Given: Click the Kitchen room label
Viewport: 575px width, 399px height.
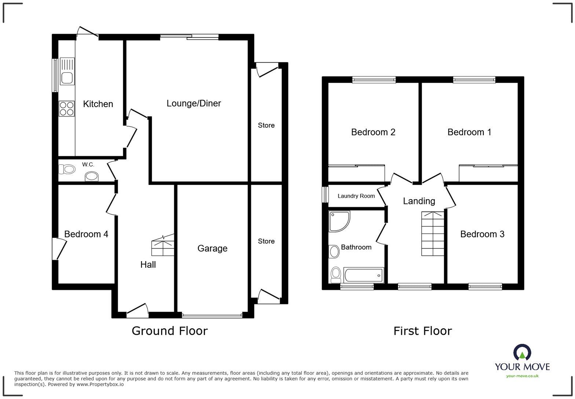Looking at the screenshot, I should pos(98,104).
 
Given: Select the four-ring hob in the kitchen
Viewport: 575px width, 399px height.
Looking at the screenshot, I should pos(66,109).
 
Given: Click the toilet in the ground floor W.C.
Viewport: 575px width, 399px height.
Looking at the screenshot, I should pos(67,169).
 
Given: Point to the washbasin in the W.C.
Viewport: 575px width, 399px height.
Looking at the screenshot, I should pos(92,177).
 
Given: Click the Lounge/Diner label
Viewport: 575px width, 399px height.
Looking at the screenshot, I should pos(194,103).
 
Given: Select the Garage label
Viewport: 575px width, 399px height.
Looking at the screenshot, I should pos(212,249).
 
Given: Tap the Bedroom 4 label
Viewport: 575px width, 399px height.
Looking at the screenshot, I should pos(86,234).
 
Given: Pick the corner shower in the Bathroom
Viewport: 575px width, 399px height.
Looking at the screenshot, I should pos(338,221).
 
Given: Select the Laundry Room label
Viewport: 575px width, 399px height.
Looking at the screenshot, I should pos(356,196).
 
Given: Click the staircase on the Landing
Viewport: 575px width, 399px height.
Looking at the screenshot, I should pos(432,234).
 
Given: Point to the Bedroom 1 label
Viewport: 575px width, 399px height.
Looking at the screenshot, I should pos(469,132).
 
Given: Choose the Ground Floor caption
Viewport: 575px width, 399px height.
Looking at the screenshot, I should pos(169,331).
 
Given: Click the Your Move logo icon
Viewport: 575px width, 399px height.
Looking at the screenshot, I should pos(522,352).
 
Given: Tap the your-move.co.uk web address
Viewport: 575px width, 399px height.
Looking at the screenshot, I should pos(522,376).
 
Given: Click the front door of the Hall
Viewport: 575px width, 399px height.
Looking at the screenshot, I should pos(138,310).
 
